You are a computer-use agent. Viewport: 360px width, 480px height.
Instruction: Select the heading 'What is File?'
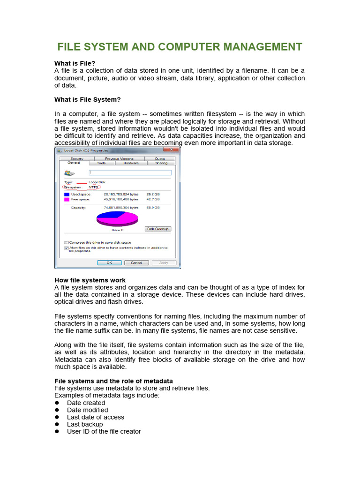pyautogui.click(x=75, y=63)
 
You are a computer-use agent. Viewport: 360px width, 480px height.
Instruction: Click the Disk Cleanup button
pyautogui.click(x=158, y=229)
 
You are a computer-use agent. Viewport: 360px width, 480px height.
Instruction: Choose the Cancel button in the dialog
pyautogui.click(x=136, y=263)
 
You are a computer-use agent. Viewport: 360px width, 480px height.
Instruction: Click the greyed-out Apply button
pyautogui.click(x=164, y=263)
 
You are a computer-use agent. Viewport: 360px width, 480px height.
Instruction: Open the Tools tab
pyautogui.click(x=101, y=163)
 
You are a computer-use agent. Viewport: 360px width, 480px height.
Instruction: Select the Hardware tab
pyautogui.click(x=131, y=163)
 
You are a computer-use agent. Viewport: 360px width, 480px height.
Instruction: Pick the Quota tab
pyautogui.click(x=160, y=159)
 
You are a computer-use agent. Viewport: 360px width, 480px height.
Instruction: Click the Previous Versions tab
pyautogui.click(x=119, y=159)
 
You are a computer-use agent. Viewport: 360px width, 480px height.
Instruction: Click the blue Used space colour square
pyautogui.click(x=67, y=194)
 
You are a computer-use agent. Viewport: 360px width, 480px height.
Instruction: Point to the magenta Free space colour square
pyautogui.click(x=67, y=199)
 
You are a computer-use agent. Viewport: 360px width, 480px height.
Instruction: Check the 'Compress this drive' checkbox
pyautogui.click(x=66, y=242)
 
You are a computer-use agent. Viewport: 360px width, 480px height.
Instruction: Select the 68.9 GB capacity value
pyautogui.click(x=153, y=207)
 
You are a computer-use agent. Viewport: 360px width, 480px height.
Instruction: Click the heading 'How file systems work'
pyautogui.click(x=90, y=280)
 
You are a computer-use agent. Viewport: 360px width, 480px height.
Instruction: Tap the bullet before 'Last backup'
pyautogui.click(x=57, y=424)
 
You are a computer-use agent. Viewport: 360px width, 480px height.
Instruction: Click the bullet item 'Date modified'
pyautogui.click(x=86, y=410)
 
